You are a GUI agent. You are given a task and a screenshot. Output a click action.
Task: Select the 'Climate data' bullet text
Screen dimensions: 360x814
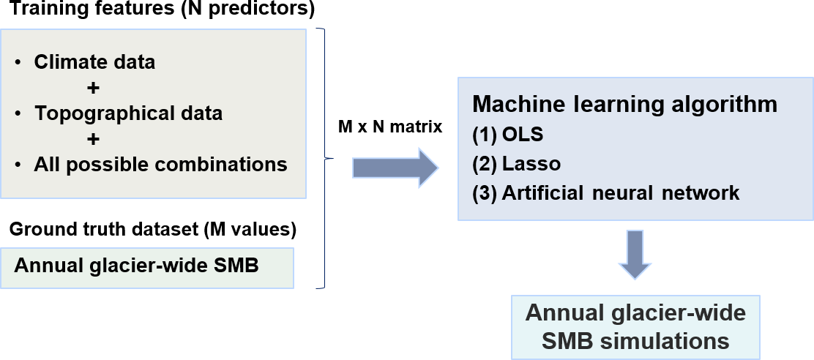tap(94, 62)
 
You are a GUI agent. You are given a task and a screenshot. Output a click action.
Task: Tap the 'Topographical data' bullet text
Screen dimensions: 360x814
tap(128, 113)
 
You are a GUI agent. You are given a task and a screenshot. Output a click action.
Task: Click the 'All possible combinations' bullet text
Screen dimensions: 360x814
tap(160, 165)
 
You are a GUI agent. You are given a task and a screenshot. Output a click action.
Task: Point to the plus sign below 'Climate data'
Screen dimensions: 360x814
tap(92, 88)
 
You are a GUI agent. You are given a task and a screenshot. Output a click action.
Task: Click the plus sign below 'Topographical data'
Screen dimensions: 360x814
tap(92, 139)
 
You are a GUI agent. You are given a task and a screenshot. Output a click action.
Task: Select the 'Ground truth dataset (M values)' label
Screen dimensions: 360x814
tap(152, 230)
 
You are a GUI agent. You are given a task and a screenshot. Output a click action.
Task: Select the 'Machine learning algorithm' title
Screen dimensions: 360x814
tap(624, 104)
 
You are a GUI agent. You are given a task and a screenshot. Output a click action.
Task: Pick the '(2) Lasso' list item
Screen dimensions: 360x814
tap(516, 164)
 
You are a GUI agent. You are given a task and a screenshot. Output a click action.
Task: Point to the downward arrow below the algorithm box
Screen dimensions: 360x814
tap(634, 254)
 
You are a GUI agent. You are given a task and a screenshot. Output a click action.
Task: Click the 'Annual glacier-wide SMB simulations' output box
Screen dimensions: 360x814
tap(635, 327)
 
